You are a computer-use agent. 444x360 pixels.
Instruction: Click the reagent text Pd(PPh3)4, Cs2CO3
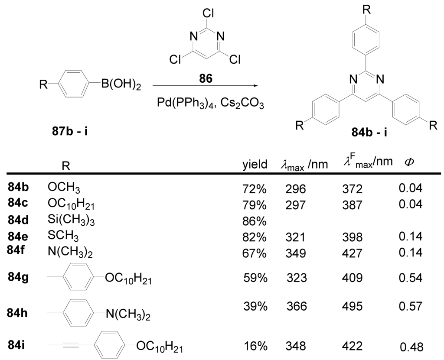(205, 104)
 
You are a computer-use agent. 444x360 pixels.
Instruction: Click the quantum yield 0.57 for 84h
(410, 307)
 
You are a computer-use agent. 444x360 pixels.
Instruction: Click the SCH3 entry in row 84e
(63, 237)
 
